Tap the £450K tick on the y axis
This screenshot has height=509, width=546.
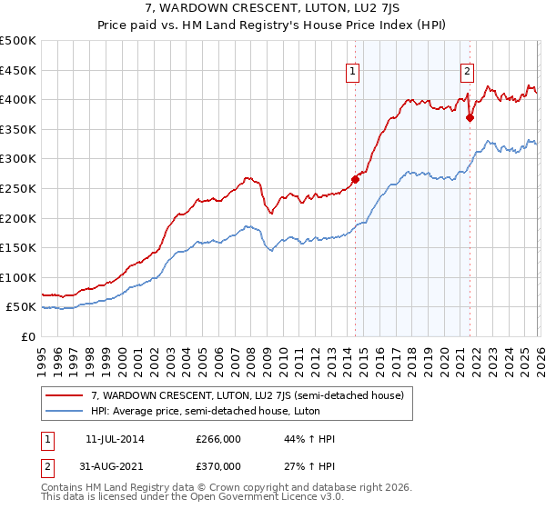[18, 70]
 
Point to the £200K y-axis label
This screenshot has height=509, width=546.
[18, 218]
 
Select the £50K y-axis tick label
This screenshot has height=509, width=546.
[22, 307]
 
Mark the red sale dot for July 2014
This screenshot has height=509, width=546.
[355, 179]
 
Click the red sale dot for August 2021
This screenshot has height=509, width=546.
[470, 117]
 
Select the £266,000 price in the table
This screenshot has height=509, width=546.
[218, 439]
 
